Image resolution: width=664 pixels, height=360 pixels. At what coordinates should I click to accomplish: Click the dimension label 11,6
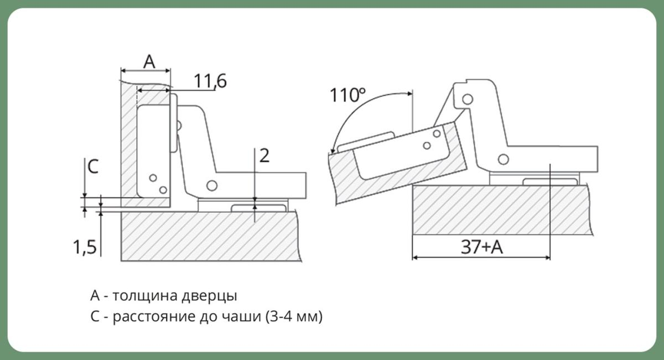(210, 81)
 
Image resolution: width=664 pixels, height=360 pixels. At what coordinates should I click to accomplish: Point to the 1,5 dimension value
(85, 247)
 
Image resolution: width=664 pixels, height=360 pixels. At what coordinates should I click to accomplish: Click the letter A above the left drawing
(149, 62)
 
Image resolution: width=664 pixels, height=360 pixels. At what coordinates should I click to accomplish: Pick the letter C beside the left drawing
(93, 166)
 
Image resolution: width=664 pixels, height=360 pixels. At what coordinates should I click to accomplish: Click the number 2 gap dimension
(264, 155)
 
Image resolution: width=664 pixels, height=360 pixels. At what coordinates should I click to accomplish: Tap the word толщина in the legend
(145, 296)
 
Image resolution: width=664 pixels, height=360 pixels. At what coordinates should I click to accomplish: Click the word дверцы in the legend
(209, 296)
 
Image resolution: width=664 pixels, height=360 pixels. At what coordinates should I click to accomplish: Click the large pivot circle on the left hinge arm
(211, 186)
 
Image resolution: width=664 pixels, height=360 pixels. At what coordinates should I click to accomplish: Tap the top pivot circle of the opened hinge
(468, 99)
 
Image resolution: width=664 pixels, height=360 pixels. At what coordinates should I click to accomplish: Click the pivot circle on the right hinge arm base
(504, 159)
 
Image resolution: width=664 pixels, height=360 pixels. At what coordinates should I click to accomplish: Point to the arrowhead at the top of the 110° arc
(410, 93)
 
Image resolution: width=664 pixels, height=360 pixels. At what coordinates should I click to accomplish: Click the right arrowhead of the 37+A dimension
(547, 258)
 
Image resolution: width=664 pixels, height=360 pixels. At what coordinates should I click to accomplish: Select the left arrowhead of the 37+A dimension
(415, 258)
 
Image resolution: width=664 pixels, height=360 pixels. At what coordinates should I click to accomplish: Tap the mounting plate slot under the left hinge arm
(259, 208)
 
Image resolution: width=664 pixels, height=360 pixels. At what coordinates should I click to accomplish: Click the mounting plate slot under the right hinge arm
(550, 181)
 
